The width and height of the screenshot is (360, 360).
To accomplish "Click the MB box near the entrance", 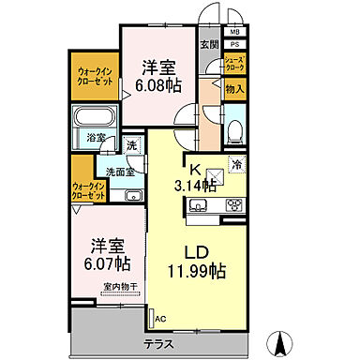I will (233, 30).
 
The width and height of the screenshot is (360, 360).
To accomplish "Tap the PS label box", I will (233, 43).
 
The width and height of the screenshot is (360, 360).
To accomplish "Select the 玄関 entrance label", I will (208, 44).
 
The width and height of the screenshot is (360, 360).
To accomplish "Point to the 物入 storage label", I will (234, 90).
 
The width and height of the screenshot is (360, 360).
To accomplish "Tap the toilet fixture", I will (235, 127).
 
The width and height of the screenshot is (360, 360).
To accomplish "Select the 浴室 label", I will (97, 137).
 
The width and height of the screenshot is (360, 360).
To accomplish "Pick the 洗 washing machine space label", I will (131, 145).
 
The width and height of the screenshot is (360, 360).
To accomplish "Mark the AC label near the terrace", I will (159, 318).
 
